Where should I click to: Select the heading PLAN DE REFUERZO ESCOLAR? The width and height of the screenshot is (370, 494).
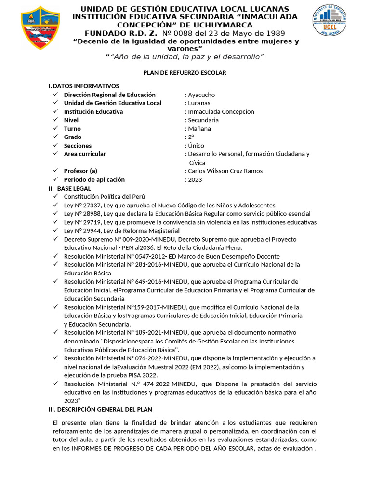185,72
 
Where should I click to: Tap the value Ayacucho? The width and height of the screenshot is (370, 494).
201,95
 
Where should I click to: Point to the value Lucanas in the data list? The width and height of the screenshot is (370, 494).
199,103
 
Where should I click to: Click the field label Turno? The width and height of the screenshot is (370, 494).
72,129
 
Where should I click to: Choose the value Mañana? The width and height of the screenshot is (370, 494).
199,129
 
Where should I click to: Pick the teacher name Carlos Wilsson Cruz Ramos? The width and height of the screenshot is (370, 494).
225,171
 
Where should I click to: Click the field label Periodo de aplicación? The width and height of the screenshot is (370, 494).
94,180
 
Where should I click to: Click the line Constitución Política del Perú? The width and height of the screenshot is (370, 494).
104,197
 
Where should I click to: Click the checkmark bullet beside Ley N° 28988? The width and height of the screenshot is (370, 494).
56,214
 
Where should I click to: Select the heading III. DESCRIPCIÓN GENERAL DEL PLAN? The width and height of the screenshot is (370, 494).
100,409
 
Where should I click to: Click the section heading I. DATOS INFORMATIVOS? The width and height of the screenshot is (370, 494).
83,86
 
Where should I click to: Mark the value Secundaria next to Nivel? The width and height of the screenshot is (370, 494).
203,120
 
